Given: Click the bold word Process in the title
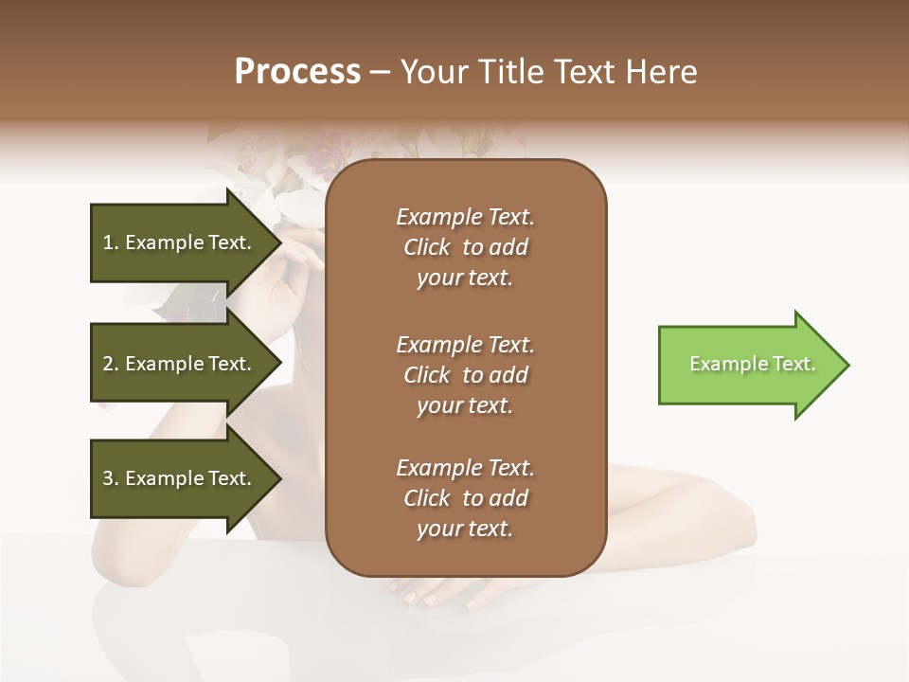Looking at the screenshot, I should coord(297,72).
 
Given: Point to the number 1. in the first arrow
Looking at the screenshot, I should coord(111,242).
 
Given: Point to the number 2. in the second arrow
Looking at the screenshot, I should coord(111,364).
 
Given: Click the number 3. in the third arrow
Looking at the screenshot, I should coord(111,478).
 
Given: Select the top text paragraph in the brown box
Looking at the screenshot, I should coord(465,247).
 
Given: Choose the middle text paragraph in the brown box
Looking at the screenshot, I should coord(465,374).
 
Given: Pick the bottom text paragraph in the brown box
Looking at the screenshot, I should coord(465,498).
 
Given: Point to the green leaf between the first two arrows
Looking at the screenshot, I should coord(180,303).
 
